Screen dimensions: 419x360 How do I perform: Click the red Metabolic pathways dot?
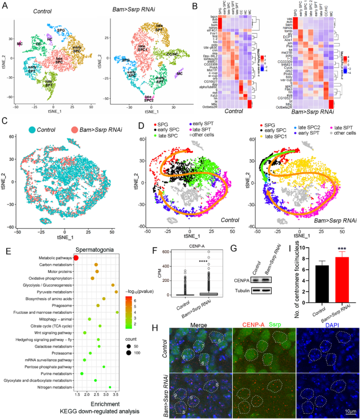(x=76, y=257)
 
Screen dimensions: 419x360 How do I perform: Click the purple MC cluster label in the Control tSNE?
(x=20, y=44)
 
